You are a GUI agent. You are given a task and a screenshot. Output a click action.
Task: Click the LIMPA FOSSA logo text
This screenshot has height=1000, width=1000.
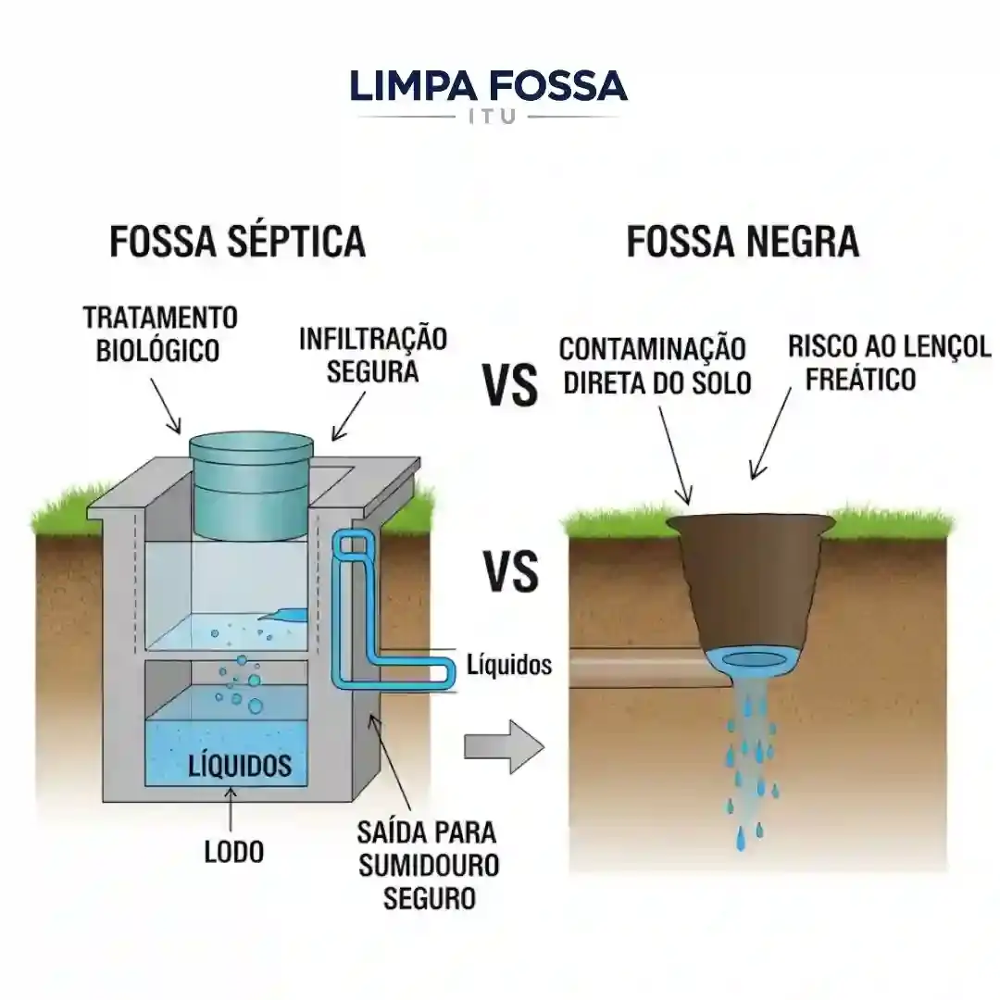[x=488, y=86]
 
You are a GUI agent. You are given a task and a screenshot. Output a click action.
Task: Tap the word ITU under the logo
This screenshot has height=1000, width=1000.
[x=488, y=119]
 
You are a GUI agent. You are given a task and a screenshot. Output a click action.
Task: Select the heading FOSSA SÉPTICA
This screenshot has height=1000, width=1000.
[x=238, y=242]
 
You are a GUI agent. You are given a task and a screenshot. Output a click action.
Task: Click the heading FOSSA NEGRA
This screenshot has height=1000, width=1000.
[x=743, y=242]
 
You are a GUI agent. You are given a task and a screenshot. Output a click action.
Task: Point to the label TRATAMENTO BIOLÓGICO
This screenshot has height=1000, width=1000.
[x=160, y=333]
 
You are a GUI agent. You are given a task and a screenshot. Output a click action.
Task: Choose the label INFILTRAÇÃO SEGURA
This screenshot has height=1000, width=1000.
[x=372, y=354]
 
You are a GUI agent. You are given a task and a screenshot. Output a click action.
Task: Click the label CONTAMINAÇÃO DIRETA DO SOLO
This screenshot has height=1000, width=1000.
[x=654, y=366]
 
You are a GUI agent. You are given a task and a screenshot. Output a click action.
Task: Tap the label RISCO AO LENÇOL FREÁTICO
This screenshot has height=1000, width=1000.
[x=889, y=362]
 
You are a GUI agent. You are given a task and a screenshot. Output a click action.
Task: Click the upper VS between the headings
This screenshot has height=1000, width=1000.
[x=511, y=386]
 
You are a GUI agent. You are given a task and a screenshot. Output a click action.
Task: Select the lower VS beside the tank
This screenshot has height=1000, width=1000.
[x=511, y=571]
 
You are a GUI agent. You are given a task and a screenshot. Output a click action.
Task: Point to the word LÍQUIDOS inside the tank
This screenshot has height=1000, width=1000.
[x=240, y=766]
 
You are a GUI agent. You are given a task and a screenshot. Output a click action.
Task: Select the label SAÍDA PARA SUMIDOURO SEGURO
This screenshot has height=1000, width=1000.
[x=428, y=864]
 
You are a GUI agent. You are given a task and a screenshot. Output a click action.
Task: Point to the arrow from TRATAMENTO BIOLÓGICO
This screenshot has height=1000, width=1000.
[x=168, y=407]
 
